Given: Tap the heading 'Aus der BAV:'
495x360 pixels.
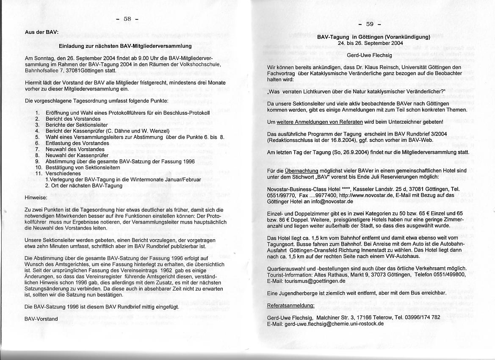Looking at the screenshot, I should tap(41, 32).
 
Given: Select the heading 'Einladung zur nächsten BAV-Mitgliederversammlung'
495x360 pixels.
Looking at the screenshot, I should tap(125, 46).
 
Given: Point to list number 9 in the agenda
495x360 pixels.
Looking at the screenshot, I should tap(37, 161).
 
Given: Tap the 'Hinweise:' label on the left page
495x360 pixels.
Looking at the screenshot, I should tap(36, 197).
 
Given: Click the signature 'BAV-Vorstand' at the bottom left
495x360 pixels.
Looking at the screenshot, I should tap(41, 318).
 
